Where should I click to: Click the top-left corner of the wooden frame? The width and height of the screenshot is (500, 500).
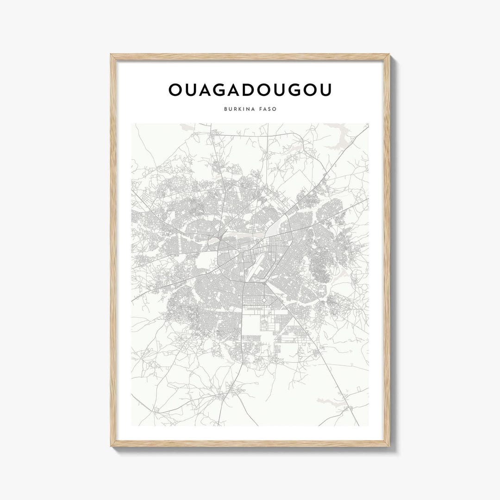pos(111,55)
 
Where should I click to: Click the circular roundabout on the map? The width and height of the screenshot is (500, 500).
pos(264,300)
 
